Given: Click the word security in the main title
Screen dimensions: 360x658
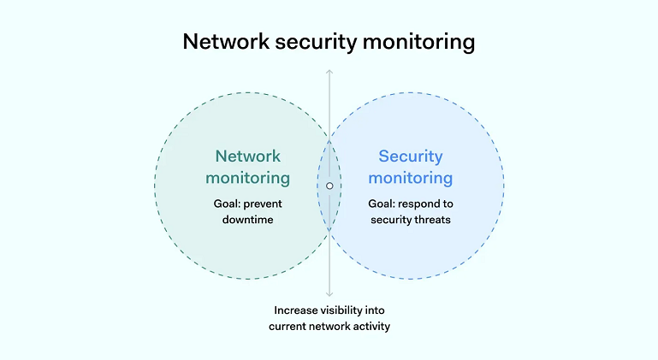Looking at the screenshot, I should [x=316, y=41].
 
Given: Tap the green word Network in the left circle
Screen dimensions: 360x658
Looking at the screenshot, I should [x=247, y=156].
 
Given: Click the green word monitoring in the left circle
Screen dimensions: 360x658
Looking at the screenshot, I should [x=247, y=178].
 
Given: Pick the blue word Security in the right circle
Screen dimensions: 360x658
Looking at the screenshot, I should [x=411, y=156].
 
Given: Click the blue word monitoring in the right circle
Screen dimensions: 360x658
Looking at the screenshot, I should [x=411, y=178].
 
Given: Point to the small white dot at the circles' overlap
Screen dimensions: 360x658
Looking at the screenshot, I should [x=329, y=185].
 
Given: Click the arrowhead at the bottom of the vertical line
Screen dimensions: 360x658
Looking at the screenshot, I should [x=329, y=294].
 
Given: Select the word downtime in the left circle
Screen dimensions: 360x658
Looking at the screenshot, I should [x=247, y=220].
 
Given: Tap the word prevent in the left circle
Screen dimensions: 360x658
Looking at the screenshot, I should [x=264, y=204].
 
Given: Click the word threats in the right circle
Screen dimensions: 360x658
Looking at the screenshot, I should [x=432, y=220].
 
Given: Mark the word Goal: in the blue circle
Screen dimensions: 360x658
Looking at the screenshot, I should [x=383, y=204].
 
